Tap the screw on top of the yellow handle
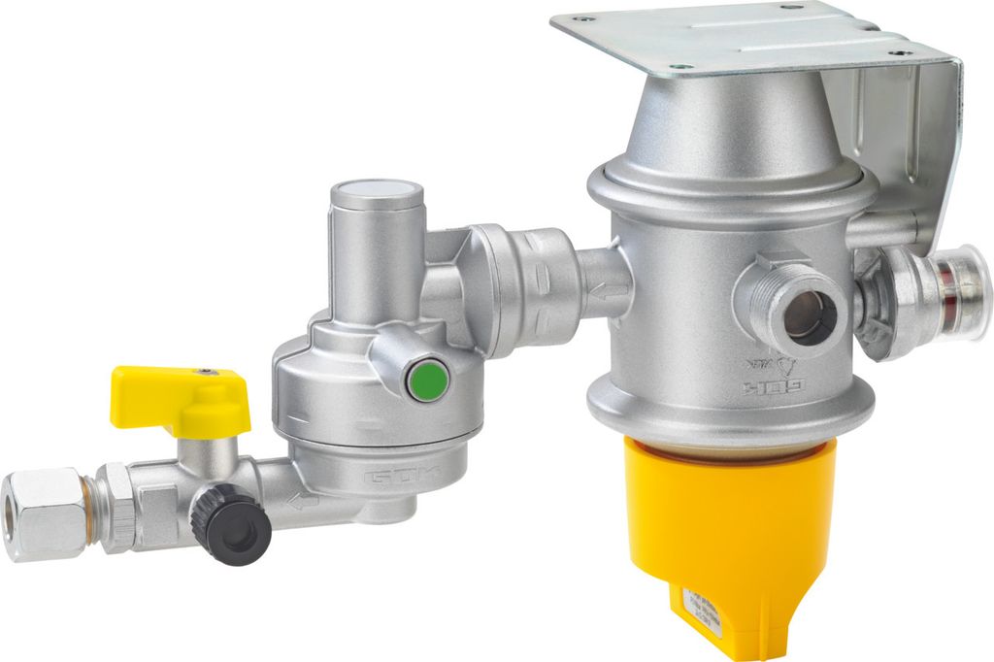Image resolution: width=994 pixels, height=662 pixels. [205, 371]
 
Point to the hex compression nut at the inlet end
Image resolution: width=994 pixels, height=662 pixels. [44, 513]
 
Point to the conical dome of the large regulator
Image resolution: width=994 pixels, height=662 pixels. [723, 126]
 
